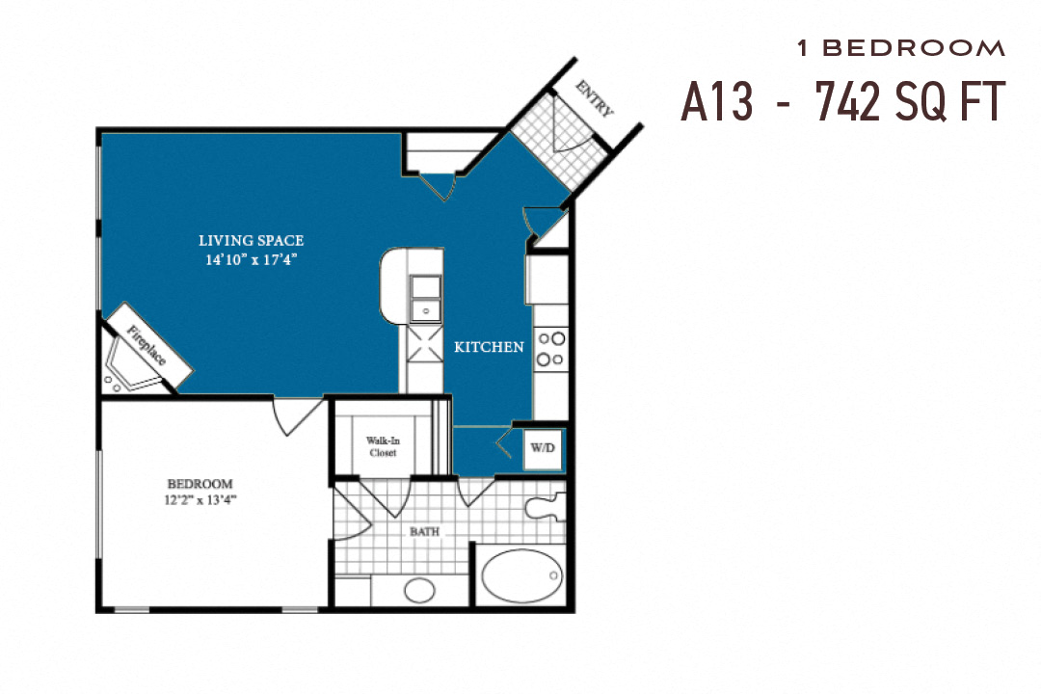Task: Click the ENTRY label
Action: [595, 98]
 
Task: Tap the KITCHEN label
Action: [489, 347]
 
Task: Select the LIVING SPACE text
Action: [251, 240]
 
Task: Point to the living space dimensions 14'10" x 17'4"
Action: [251, 259]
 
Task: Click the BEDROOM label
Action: [200, 483]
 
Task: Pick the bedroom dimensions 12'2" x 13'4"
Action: [200, 499]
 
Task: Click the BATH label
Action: [425, 531]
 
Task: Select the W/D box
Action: [542, 448]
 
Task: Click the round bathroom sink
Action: [419, 589]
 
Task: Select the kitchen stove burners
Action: [550, 349]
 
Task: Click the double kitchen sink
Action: [424, 298]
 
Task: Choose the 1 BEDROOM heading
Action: [900, 47]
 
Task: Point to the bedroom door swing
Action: [296, 415]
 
